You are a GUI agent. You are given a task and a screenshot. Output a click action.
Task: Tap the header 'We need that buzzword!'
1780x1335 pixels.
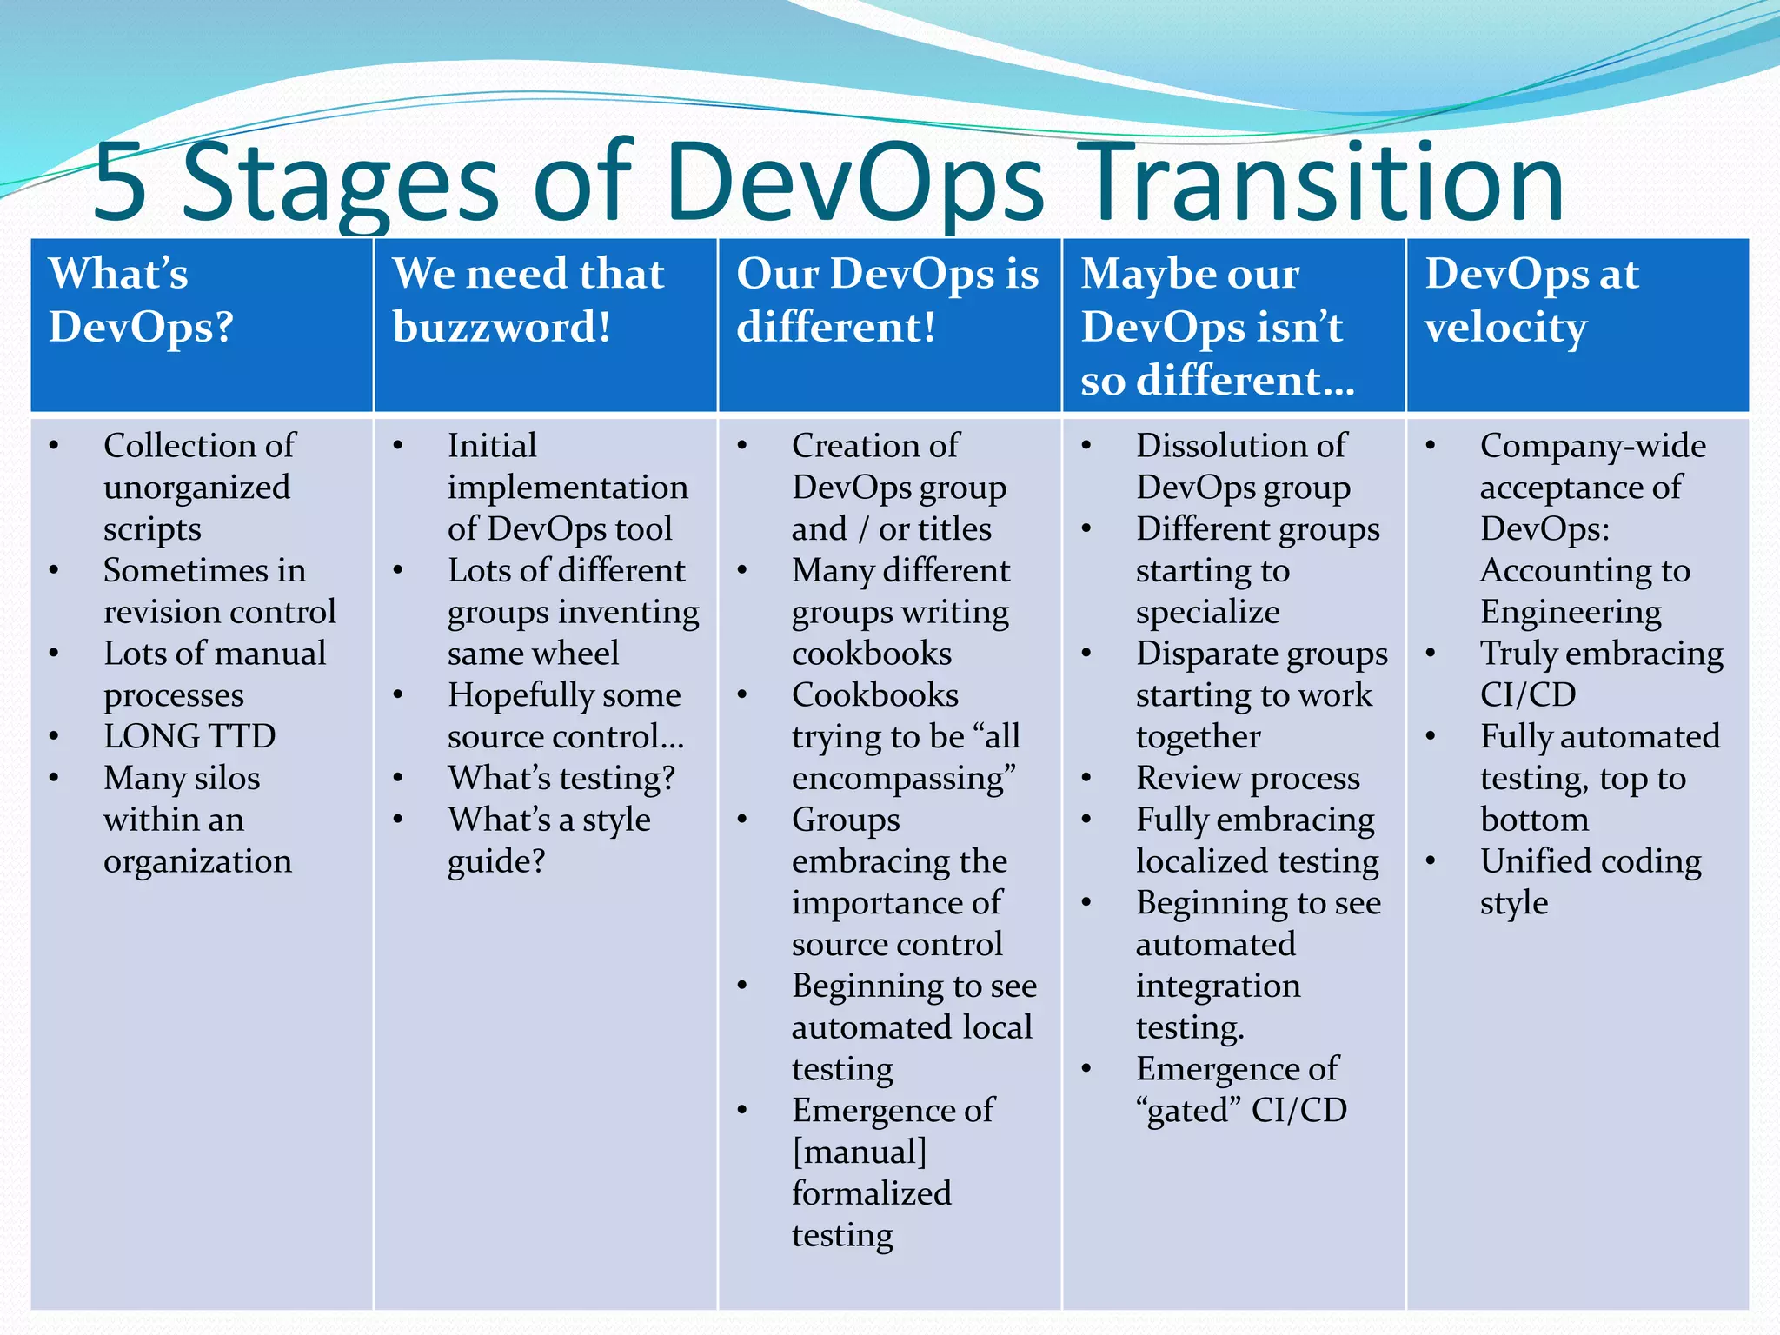(x=528, y=300)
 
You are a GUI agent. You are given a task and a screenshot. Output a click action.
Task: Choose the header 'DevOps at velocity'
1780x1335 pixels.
(x=1531, y=300)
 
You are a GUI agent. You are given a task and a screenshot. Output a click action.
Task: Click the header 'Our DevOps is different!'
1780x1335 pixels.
(x=887, y=300)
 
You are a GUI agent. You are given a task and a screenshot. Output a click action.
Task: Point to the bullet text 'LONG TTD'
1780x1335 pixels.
(x=189, y=737)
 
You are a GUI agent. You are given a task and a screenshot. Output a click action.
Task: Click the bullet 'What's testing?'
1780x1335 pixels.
(x=561, y=778)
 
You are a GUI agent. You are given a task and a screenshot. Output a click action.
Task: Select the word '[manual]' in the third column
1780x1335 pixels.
(x=860, y=1152)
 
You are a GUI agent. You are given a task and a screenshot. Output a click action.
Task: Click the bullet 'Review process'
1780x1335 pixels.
(x=1247, y=778)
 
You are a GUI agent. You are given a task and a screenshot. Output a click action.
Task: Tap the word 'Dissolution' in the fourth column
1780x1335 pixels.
(x=1207, y=446)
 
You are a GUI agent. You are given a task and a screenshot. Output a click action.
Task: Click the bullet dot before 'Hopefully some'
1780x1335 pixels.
(x=398, y=695)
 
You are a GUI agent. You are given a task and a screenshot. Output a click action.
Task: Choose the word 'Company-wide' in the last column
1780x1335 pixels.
(x=1592, y=446)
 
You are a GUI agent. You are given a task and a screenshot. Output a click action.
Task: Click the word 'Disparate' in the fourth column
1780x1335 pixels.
(x=1194, y=654)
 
